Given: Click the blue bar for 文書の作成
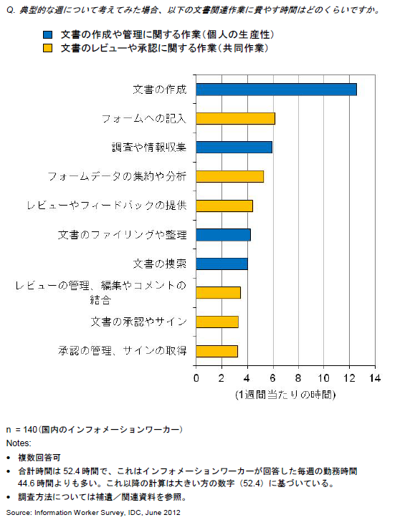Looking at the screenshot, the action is (x=277, y=90).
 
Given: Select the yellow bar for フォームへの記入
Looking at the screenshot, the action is (x=236, y=118).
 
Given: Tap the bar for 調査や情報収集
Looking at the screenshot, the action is (x=234, y=148).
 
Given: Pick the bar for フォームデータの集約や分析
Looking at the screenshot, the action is (x=230, y=176).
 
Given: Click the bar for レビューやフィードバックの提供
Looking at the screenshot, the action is (x=224, y=206).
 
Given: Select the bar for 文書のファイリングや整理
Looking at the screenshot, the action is (x=224, y=235).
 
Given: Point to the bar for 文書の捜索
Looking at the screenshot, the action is (x=221, y=264).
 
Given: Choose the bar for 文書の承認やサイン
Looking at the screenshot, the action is (x=217, y=322).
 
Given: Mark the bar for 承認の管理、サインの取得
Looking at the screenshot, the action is (x=217, y=351).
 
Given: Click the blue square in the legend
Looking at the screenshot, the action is (x=47, y=35).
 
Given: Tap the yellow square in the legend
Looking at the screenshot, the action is (x=47, y=49).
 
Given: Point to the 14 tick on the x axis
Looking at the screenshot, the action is (x=375, y=365).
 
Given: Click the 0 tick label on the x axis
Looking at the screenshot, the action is (x=196, y=378).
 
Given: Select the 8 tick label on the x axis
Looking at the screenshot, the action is (x=298, y=378).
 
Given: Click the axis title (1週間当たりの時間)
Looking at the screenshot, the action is (x=285, y=395).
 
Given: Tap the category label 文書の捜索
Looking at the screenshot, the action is (x=160, y=264).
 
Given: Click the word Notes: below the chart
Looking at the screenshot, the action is (x=19, y=443).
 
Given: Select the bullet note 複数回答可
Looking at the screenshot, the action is (x=39, y=458).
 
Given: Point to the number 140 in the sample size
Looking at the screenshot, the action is (x=31, y=430).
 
